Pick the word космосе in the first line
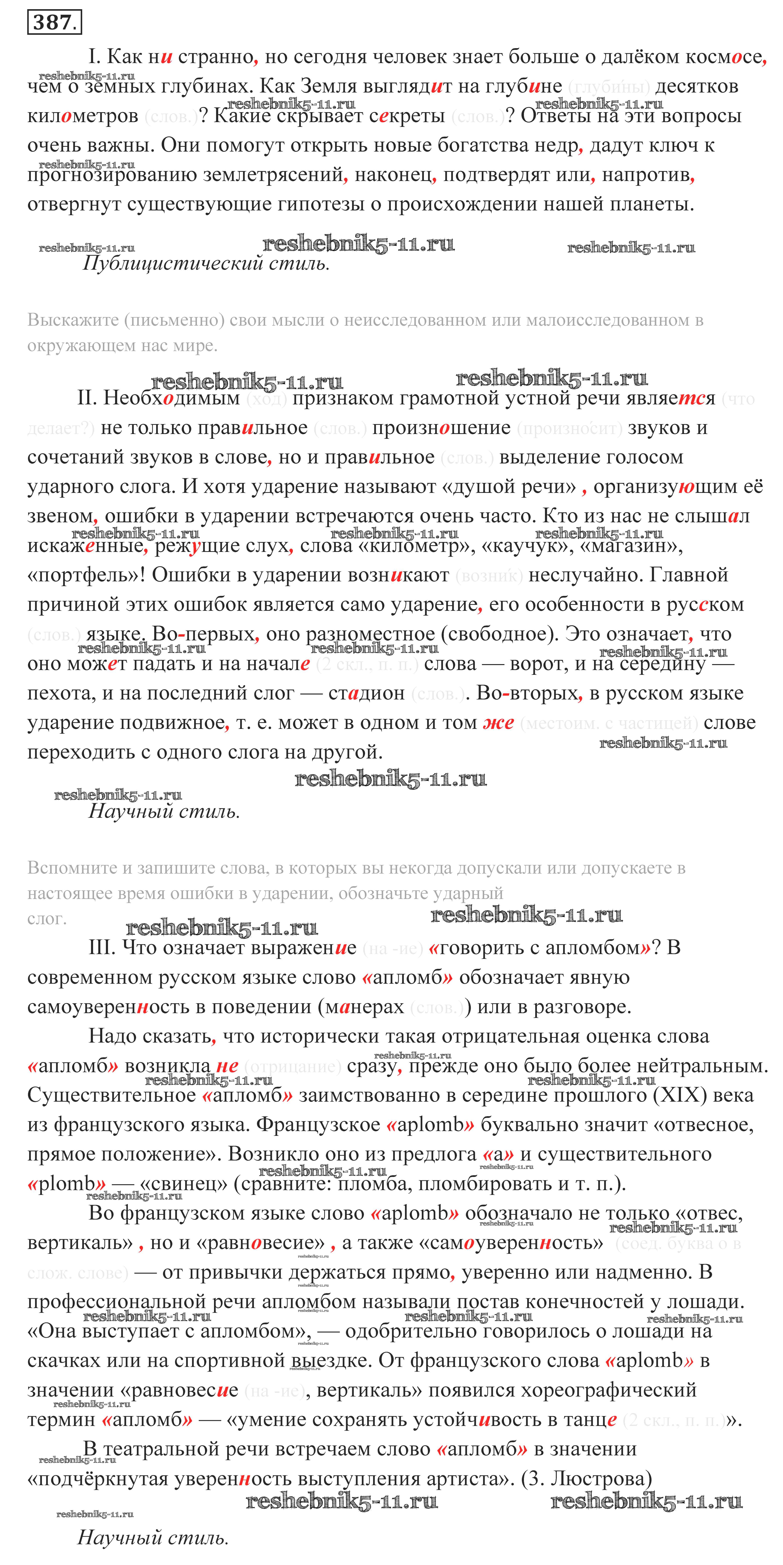pos(722,57)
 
